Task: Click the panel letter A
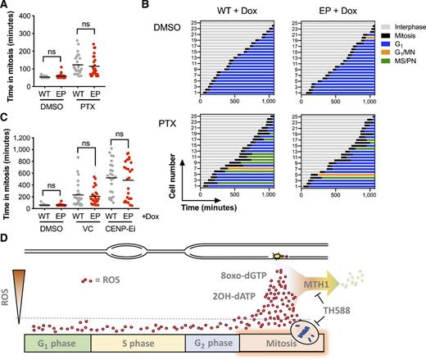[x=6, y=6]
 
